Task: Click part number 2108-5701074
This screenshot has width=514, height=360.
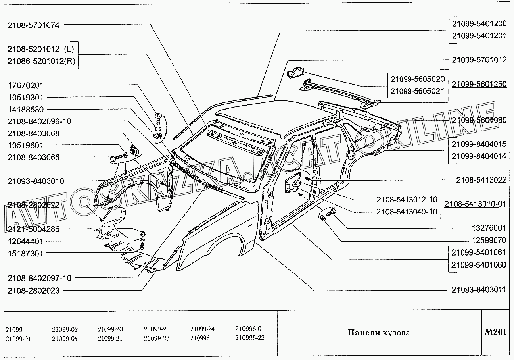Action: pyautogui.click(x=33, y=25)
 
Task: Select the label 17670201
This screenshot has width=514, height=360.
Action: pyautogui.click(x=26, y=85)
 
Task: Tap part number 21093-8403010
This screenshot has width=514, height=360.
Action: pyautogui.click(x=36, y=181)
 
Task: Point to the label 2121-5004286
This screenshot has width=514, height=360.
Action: pyautogui.click(x=33, y=229)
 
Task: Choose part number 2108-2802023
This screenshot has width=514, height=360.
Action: pyautogui.click(x=33, y=291)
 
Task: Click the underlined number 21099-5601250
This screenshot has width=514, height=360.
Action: pyautogui.click(x=479, y=84)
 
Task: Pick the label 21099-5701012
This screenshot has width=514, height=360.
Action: pyautogui.click(x=479, y=60)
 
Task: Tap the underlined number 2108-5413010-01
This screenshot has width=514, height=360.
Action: pyautogui.click(x=475, y=204)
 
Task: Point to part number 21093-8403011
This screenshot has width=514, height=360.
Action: pyautogui.click(x=479, y=290)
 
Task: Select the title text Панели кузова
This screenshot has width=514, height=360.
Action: pyautogui.click(x=379, y=333)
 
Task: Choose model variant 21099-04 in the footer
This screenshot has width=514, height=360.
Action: pyautogui.click(x=65, y=339)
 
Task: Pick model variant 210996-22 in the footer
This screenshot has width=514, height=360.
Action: pyautogui.click(x=249, y=338)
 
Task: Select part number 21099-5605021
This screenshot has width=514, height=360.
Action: pyautogui.click(x=417, y=91)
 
